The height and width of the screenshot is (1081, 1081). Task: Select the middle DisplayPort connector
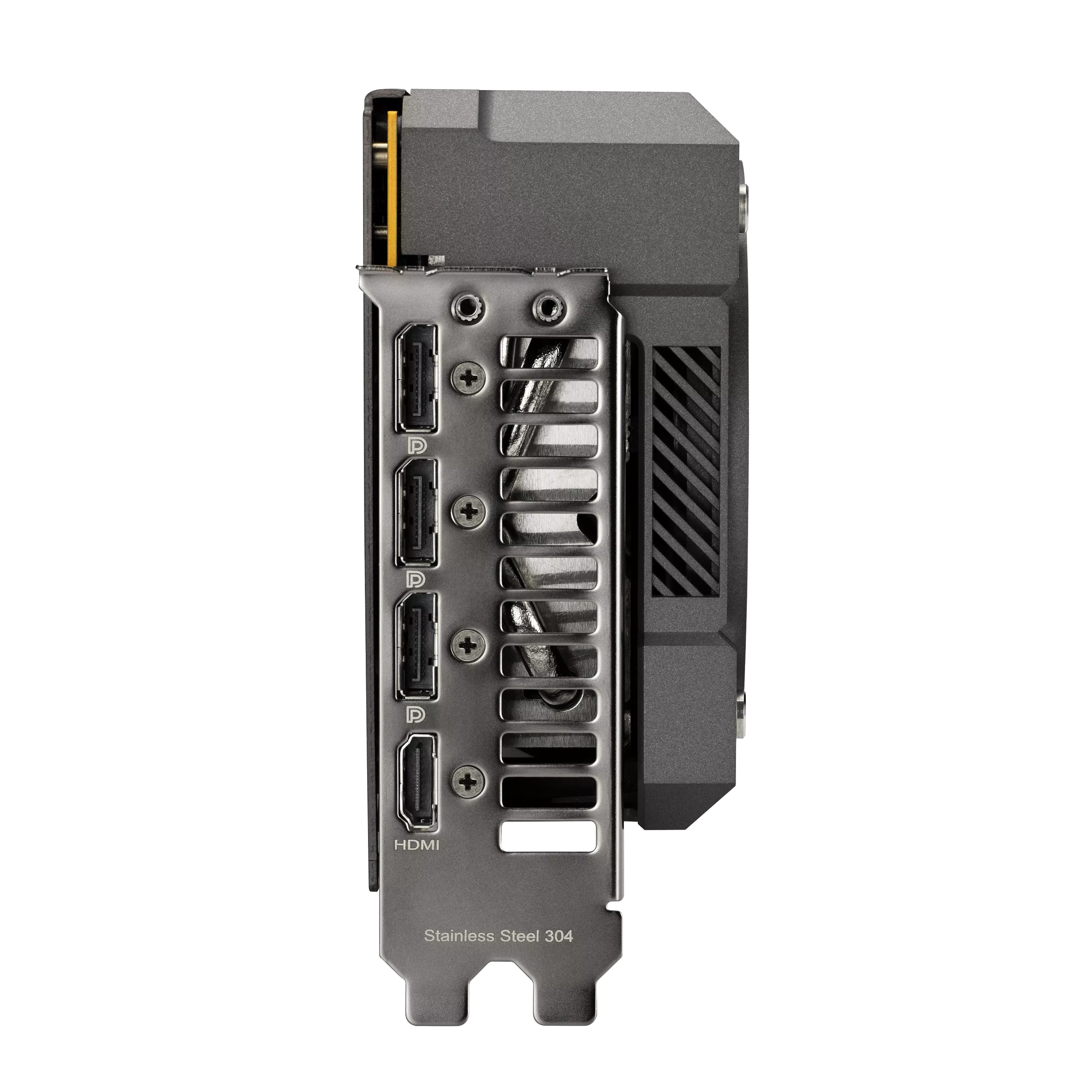pos(417,513)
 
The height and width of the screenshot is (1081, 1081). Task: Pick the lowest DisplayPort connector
pos(417,646)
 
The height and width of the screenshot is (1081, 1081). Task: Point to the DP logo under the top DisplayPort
pos(417,445)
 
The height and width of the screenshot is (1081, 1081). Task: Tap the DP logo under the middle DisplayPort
pos(417,578)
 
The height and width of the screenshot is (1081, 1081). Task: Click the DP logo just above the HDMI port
pos(417,713)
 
